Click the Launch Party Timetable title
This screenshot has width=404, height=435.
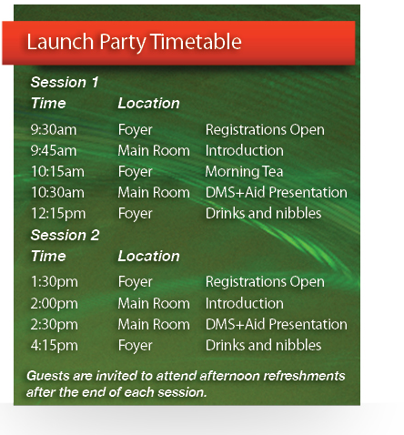tap(134, 42)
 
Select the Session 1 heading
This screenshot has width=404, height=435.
tap(65, 82)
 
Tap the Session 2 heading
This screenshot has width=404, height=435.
tap(65, 235)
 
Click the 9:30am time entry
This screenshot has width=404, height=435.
tap(54, 130)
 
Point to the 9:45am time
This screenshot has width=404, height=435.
tap(54, 151)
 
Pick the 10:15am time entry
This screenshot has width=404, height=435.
tap(57, 172)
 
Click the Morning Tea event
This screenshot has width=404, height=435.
tap(244, 172)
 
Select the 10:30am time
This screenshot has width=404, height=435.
tap(57, 193)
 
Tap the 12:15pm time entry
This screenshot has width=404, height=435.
tap(58, 214)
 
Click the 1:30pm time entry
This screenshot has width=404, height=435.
tap(55, 282)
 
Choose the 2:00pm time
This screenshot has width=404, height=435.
tap(55, 304)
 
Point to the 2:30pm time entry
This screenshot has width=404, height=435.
tap(55, 325)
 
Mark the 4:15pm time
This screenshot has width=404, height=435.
tap(55, 346)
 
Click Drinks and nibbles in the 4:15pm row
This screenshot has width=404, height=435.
tap(263, 345)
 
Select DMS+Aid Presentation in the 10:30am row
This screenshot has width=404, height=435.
tap(277, 192)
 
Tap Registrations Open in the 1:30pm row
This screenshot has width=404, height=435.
tap(265, 282)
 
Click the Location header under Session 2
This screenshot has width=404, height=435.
tap(148, 256)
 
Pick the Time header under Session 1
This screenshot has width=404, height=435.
tap(48, 103)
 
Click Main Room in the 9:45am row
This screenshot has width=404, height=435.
tap(154, 151)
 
